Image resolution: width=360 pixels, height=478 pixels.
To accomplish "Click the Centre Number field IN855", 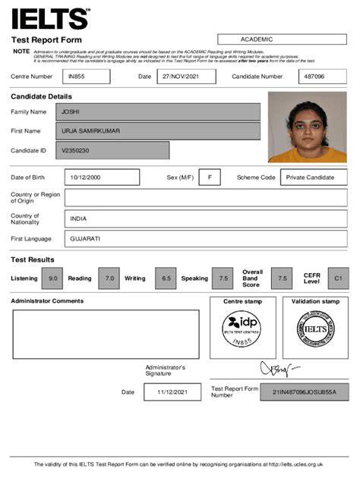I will pos(86,77).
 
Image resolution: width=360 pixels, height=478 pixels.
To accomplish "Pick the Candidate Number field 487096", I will pos(323,77).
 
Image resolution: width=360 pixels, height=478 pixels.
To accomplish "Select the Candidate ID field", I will pos(113,150).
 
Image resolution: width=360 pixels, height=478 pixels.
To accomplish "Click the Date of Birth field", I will pos(102,177).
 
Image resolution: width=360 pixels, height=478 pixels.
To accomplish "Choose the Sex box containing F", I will pos(209,177).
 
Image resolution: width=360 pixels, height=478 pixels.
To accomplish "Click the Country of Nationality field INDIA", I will pos(205,219).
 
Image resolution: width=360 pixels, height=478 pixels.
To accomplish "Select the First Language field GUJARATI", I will pos(205,238).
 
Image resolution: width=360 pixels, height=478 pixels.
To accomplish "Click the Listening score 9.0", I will pos(52,278).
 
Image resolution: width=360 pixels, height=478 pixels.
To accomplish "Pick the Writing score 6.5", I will pos(166,278).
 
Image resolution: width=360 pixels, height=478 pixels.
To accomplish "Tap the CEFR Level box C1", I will pos(338,278).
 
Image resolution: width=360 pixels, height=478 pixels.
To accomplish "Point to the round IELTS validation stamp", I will pos(315,330).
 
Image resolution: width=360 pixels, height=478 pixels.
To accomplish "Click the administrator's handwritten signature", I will pos(276,370).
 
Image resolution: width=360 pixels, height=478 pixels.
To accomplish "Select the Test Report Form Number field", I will pos(303,392).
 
